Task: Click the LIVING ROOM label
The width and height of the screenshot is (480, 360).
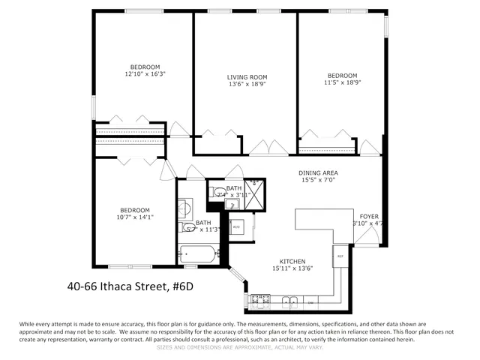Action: click(247, 76)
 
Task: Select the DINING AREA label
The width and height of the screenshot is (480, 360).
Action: click(319, 172)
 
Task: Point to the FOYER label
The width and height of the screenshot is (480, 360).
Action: click(369, 215)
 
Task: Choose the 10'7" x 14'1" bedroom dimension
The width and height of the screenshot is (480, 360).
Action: click(135, 218)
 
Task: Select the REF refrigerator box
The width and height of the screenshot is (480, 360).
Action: click(339, 256)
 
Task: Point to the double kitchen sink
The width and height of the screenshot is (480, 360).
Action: click(291, 301)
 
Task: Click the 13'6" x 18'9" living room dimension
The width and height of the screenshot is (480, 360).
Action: click(247, 85)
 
